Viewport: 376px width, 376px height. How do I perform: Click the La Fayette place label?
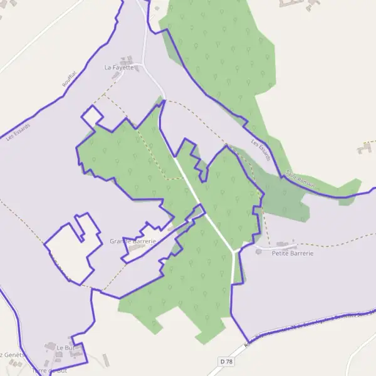point(119,67)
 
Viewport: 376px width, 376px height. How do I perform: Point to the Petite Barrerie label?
point(292,253)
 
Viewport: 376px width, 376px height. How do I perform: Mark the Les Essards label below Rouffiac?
point(18,128)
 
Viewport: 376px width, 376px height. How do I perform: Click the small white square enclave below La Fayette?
point(92,116)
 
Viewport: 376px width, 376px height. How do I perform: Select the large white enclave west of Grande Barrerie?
point(72,251)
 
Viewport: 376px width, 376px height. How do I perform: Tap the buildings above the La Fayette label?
point(128,60)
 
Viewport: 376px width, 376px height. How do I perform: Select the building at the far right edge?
point(365,149)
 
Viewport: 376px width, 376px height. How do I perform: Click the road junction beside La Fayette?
point(143,65)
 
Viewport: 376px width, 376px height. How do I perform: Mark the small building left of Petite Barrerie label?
point(259,252)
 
